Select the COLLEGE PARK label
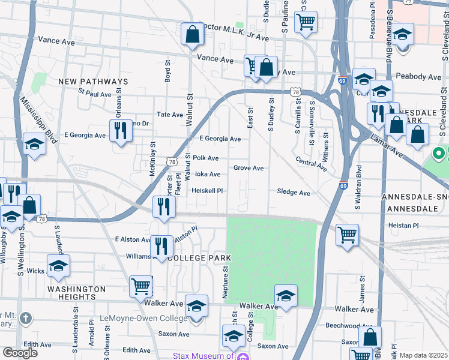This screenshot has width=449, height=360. (199, 258)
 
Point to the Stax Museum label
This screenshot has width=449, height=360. (203, 356)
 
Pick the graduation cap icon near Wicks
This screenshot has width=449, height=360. (58, 266)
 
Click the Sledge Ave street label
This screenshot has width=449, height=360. (294, 193)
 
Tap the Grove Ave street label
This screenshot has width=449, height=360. (249, 168)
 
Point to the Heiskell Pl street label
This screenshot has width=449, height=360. (207, 191)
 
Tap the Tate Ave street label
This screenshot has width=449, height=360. (169, 115)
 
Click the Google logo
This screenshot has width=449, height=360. (20, 353)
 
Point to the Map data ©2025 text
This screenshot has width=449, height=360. (423, 355)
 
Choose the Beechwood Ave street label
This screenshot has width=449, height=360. (342, 326)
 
